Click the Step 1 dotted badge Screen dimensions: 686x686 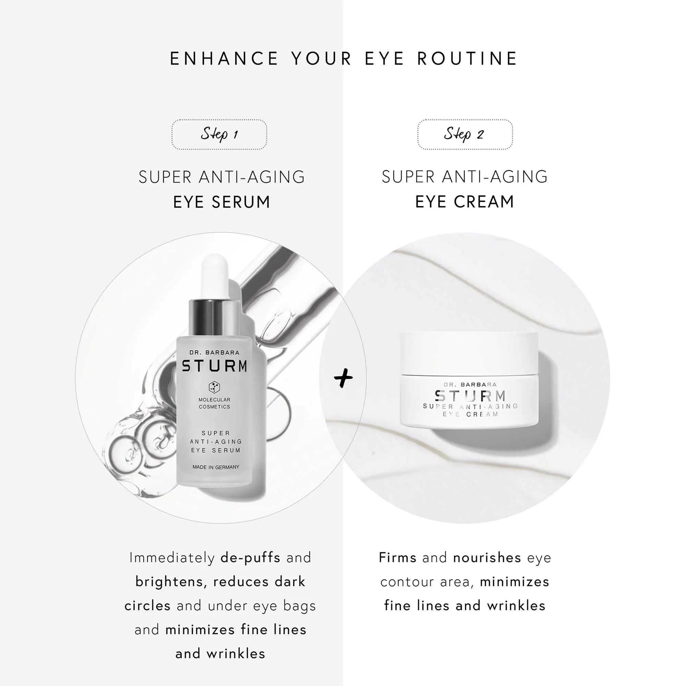[219, 134]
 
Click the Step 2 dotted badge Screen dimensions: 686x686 [465, 134]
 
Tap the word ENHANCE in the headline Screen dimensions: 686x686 [224, 59]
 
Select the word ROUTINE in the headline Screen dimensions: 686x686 [467, 59]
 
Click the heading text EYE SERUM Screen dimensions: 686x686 [222, 202]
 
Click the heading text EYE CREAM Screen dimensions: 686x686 [465, 202]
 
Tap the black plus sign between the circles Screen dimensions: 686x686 [343, 377]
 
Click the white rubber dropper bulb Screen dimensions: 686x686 [214, 278]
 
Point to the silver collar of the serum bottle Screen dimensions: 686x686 [214, 318]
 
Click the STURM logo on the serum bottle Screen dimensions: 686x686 [214, 366]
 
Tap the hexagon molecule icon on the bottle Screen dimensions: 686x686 [214, 387]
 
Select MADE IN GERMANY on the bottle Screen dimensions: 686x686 [215, 467]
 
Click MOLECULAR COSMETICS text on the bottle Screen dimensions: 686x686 [214, 403]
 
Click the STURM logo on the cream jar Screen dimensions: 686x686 [471, 395]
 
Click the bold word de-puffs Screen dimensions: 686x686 [250, 558]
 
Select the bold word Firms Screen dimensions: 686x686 [397, 557]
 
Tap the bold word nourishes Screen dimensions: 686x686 [487, 557]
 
